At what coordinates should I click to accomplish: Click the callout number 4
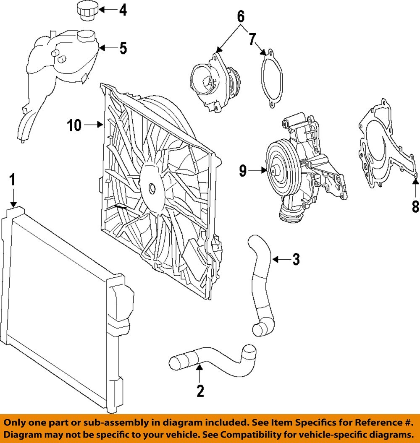tap(122, 10)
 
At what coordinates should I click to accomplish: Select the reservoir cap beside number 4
tap(86, 10)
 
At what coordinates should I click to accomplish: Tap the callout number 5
tap(123, 48)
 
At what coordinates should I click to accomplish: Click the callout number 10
tap(74, 125)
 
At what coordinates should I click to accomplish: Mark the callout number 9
tap(243, 171)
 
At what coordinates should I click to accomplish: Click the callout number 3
tap(296, 260)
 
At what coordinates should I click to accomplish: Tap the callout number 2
tap(200, 391)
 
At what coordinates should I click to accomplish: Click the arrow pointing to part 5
tap(107, 48)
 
